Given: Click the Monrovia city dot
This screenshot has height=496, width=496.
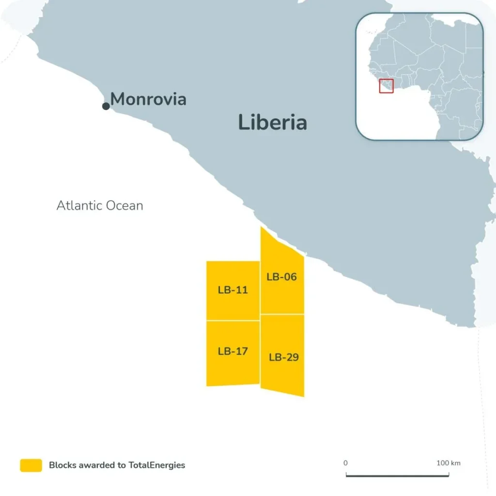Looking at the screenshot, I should coord(106,106).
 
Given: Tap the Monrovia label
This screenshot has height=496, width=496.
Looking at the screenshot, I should coord(148,99).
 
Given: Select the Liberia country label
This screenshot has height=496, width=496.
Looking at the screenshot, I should coord(272,123).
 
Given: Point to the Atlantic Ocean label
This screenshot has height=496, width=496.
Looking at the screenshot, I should coord(100,205).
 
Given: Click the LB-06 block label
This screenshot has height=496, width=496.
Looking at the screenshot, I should coord(281,277).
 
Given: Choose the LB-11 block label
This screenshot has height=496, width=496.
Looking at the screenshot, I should coord(232,290).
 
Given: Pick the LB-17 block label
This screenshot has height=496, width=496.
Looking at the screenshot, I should coord(232,351).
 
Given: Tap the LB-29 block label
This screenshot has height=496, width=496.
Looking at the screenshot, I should coord(284,357).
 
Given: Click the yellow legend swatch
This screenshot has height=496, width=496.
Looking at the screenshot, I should coord(31,465).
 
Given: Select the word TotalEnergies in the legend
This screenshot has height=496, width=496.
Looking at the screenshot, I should coord(156,465).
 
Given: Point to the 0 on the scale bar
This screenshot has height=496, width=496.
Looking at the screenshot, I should coord(345,463).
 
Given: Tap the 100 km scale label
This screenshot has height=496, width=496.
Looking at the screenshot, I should coord(449,463).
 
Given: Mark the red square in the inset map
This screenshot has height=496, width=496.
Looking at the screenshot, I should coord(386,86).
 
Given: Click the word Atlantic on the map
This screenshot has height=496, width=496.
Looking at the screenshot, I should coord(79,205).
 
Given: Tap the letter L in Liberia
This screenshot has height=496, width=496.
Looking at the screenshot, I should coord(243,123).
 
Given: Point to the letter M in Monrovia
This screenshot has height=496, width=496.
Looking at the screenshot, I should coord(119,99).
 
